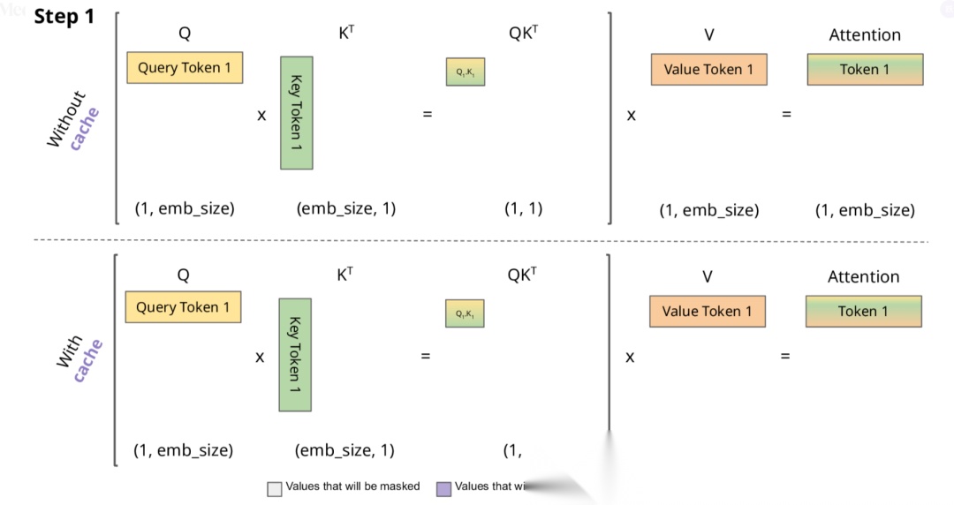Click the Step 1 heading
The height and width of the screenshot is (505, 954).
pos(64,18)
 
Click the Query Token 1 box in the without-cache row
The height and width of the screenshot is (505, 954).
pos(185,68)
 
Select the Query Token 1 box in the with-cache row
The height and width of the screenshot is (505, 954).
pos(183,307)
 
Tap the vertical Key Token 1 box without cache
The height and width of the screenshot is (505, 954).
pos(296,113)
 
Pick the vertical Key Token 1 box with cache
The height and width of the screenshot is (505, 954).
pos(295,355)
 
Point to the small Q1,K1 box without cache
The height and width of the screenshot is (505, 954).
pos(465,72)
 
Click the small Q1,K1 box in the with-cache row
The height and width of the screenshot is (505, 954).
pos(464,313)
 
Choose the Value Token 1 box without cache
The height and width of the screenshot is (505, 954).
pos(708,70)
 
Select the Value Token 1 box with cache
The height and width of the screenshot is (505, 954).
pos(707,311)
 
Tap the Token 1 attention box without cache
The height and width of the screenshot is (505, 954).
pos(865,70)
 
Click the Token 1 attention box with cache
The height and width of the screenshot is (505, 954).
pos(863,311)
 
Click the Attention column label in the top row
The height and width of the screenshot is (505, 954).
pos(865,35)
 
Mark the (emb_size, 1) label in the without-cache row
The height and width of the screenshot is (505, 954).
pos(345,208)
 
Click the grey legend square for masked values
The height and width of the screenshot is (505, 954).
pos(275,488)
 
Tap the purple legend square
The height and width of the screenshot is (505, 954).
pos(444,488)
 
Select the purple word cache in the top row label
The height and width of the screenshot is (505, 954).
pos(86,129)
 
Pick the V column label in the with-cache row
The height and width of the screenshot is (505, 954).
pos(707,276)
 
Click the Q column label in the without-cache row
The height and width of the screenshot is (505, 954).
pos(185,34)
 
